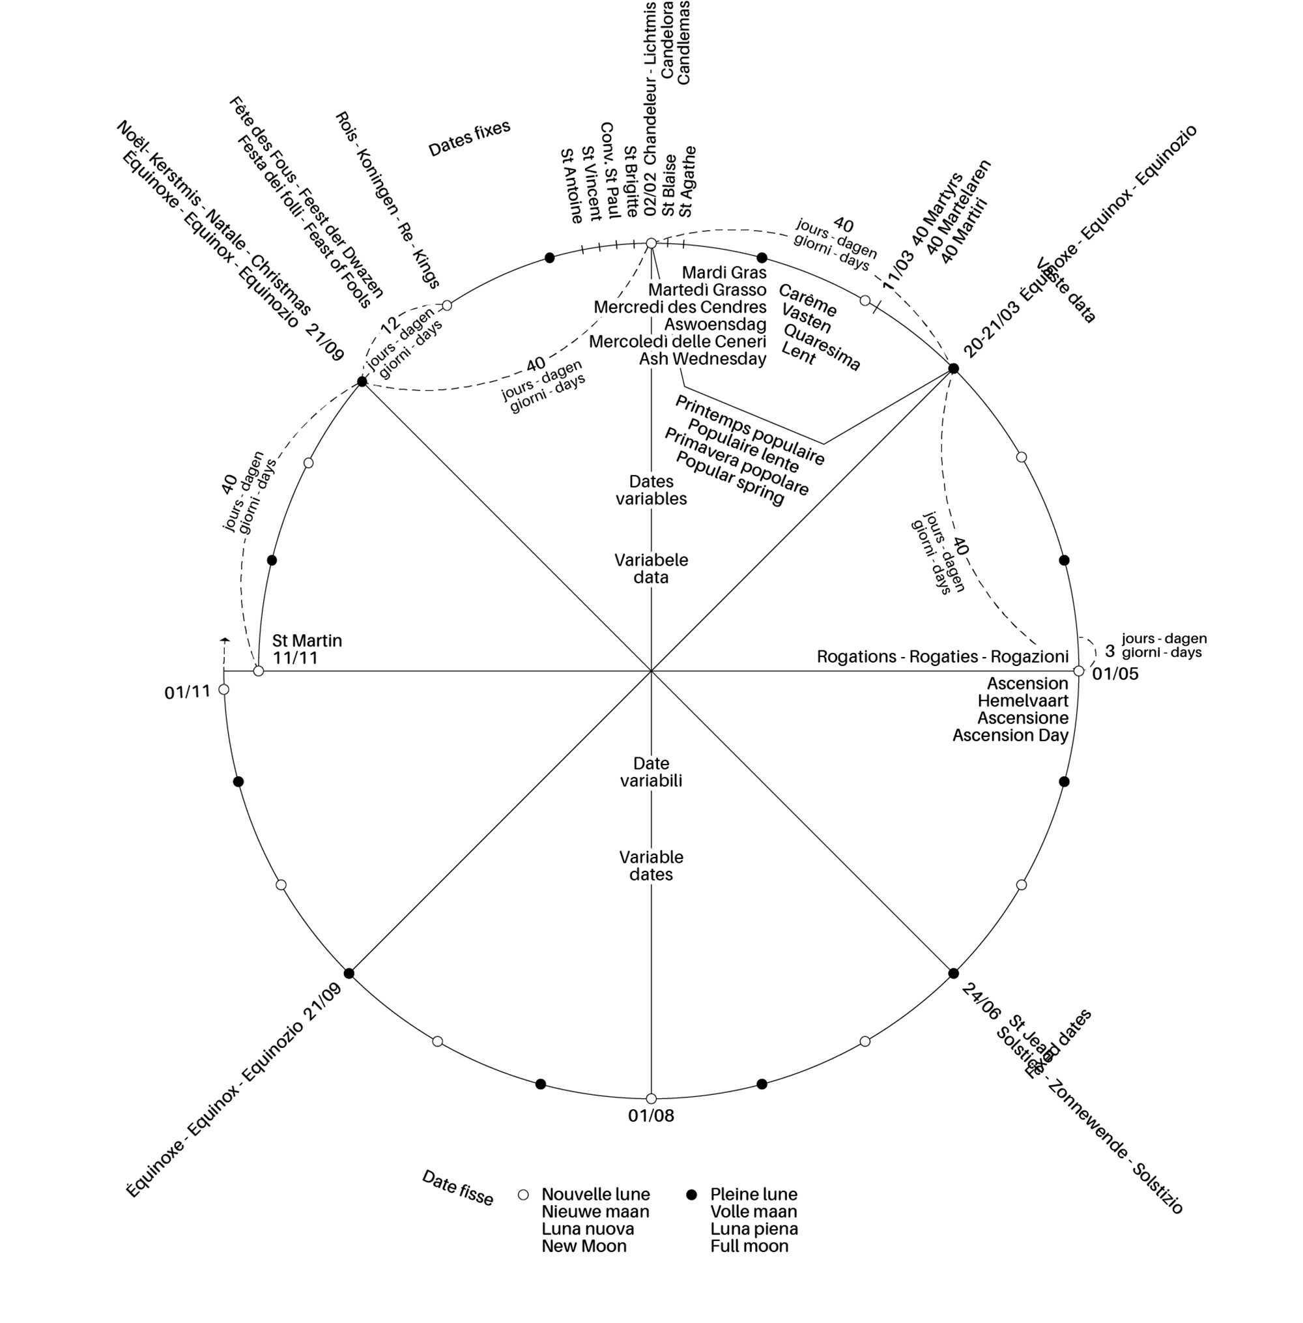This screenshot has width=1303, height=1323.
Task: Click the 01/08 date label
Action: click(651, 1116)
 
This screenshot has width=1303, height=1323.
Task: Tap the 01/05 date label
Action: click(1115, 674)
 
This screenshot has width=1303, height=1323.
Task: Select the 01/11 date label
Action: click(187, 693)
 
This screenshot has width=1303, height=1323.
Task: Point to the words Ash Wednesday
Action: click(702, 358)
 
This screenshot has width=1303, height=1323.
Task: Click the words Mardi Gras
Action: click(724, 272)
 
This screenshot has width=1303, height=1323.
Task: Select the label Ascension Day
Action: click(1010, 735)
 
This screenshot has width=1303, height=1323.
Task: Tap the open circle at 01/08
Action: click(651, 1099)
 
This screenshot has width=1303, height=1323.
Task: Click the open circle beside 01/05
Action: click(1078, 671)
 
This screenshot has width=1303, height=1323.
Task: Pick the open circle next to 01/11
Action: click(223, 690)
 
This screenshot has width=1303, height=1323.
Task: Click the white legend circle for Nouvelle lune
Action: click(524, 1195)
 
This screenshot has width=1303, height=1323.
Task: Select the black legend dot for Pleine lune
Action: click(691, 1195)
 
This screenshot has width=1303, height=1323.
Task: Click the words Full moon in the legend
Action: click(749, 1245)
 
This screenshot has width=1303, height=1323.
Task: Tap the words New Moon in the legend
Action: click(584, 1245)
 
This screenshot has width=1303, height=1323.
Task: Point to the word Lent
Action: click(799, 355)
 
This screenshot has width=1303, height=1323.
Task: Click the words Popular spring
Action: click(730, 478)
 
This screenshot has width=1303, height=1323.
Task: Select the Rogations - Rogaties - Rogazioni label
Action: click(942, 656)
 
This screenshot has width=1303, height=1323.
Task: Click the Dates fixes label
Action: click(470, 139)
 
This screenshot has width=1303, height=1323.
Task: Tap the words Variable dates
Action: click(651, 865)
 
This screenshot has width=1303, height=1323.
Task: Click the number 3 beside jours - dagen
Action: click(1110, 650)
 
